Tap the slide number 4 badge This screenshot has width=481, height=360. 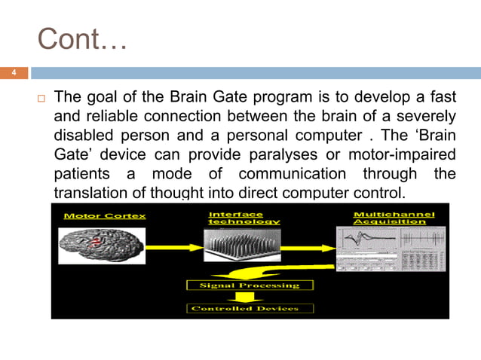point(13,73)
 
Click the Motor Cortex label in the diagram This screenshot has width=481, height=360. point(94,216)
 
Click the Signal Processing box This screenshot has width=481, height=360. point(249,285)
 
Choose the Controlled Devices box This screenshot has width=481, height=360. point(249,308)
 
